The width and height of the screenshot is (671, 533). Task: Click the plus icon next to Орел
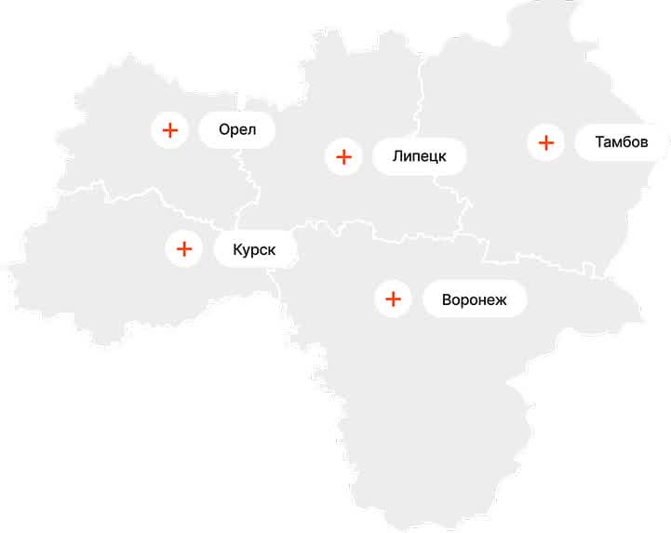pos(169,130)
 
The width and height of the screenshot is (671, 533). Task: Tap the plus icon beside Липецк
pos(343,156)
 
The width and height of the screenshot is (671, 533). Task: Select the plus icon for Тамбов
pos(545,143)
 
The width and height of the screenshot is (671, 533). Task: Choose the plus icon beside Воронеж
pos(393,300)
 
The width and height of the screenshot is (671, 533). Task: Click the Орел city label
pos(237,129)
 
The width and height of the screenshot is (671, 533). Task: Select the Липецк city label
pos(419,156)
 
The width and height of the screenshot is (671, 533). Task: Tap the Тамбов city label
pos(621,143)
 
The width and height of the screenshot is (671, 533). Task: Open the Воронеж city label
pos(474,300)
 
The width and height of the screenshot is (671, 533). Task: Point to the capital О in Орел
pos(224,129)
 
